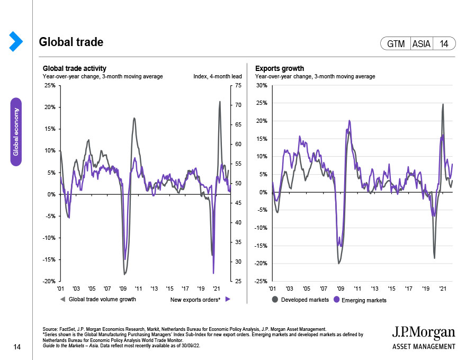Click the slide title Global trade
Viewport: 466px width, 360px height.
(x=71, y=42)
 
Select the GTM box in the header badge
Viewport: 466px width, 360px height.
(x=396, y=44)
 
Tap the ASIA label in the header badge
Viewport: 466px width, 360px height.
(x=421, y=44)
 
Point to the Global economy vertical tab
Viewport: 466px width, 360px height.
(x=16, y=131)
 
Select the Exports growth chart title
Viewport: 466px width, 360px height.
(x=279, y=68)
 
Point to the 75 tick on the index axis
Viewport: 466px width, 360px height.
(x=238, y=85)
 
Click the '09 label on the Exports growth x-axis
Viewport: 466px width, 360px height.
(x=340, y=289)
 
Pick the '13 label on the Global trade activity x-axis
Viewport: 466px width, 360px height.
(x=154, y=289)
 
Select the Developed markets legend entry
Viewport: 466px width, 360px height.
(x=301, y=300)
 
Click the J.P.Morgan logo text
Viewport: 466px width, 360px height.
(x=423, y=332)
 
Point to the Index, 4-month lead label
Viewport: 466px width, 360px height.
(x=218, y=76)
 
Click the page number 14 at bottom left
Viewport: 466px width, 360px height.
(x=16, y=347)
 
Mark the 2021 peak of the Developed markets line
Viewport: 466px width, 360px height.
(x=443, y=104)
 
